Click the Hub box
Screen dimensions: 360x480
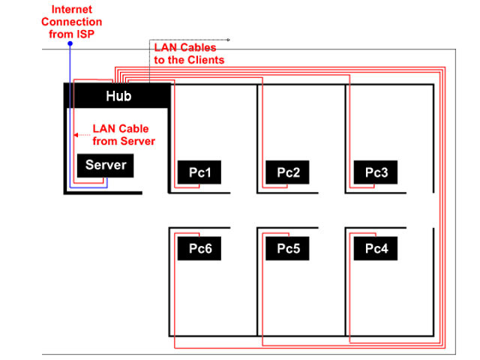pos(118,96)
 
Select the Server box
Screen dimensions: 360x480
pos(106,165)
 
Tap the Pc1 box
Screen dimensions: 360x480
pos(199,173)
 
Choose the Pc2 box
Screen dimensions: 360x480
pos(288,173)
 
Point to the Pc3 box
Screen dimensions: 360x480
pos(376,173)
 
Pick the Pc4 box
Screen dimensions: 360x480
pos(376,248)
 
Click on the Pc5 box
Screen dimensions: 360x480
pos(288,248)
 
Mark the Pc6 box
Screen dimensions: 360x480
pos(199,248)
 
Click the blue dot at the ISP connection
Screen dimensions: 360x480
pos(70,44)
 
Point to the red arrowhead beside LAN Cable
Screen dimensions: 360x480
pos(76,135)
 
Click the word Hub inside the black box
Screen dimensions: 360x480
pos(118,96)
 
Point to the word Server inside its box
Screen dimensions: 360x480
pos(106,165)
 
